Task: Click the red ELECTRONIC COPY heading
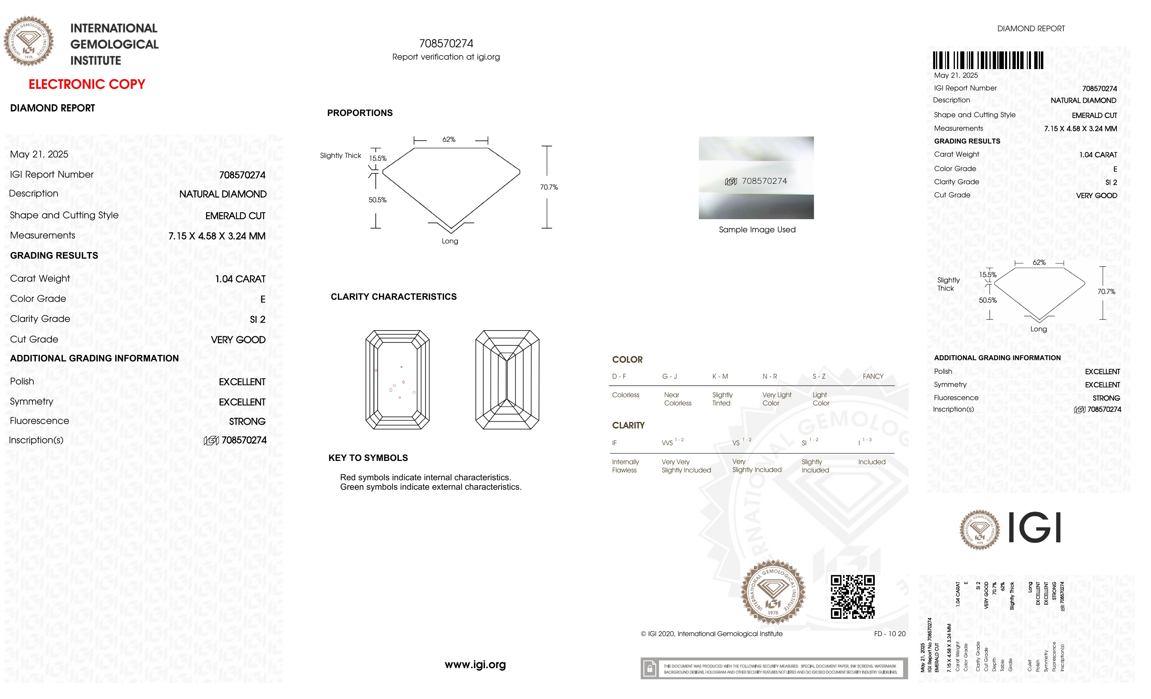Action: [x=87, y=84]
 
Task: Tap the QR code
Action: [x=852, y=597]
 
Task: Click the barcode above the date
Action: [x=987, y=60]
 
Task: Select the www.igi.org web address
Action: [x=475, y=664]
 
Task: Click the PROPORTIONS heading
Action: [x=360, y=113]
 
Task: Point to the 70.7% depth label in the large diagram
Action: [x=548, y=187]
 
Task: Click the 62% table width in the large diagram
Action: [x=448, y=139]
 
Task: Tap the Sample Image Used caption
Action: [x=757, y=229]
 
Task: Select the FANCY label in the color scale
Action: [x=873, y=376]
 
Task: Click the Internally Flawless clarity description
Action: [x=625, y=466]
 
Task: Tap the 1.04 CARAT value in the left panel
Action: [x=240, y=279]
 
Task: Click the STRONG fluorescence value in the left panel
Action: [x=247, y=421]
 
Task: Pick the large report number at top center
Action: [x=446, y=44]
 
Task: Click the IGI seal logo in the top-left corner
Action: [x=28, y=41]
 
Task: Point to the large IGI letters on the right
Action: [x=1034, y=528]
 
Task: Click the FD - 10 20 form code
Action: [x=889, y=634]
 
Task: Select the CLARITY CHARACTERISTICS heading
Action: [x=393, y=297]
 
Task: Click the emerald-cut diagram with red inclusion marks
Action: [x=397, y=380]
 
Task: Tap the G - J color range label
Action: [x=669, y=376]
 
